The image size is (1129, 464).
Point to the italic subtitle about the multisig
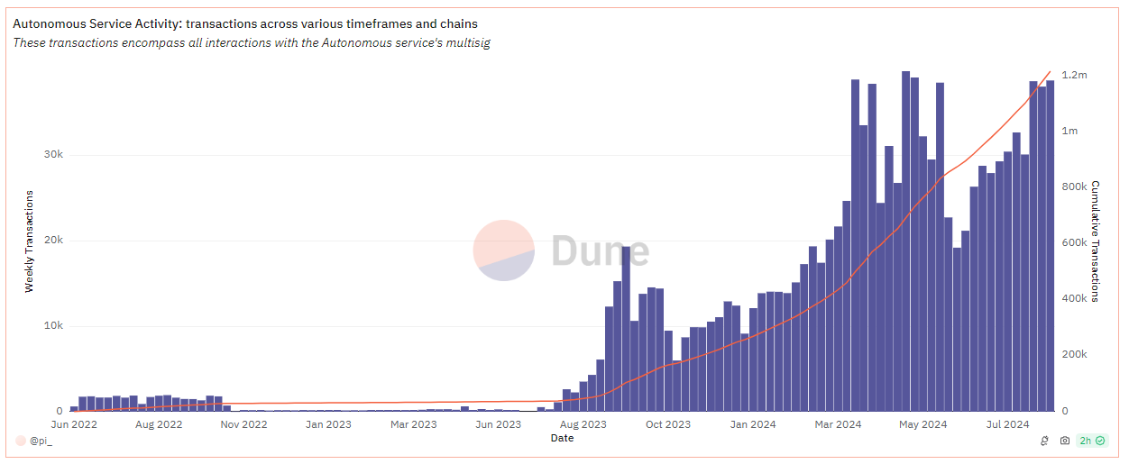pyautogui.click(x=252, y=43)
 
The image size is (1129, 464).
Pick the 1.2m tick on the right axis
pyautogui.click(x=1075, y=76)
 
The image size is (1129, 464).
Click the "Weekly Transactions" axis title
pyautogui.click(x=29, y=241)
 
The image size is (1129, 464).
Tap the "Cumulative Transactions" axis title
pyautogui.click(x=1096, y=241)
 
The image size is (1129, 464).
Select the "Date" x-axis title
pyautogui.click(x=562, y=439)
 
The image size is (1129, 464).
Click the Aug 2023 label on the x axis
pyautogui.click(x=583, y=424)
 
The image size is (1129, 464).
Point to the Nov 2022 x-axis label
pyautogui.click(x=243, y=424)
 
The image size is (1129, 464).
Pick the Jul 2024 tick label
pyautogui.click(x=1006, y=424)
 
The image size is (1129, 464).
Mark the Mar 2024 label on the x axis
pyautogui.click(x=837, y=424)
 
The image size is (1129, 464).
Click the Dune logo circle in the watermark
pyautogui.click(x=504, y=250)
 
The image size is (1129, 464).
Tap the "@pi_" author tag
pyautogui.click(x=41, y=441)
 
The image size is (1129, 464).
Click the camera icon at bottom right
pyautogui.click(x=1064, y=441)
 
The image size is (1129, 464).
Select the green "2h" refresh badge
pyautogui.click(x=1093, y=441)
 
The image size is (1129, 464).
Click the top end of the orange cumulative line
pyautogui.click(x=1050, y=72)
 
